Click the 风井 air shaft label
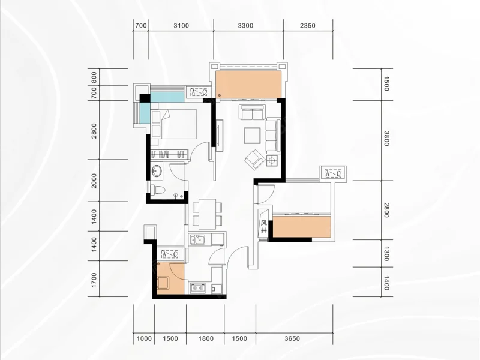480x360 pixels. (x=264, y=227)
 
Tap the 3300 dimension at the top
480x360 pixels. (x=245, y=26)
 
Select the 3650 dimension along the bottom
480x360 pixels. (x=292, y=338)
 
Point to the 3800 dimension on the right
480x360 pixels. (x=386, y=139)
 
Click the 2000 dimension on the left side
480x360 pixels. (x=94, y=181)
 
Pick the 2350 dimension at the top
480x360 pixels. (x=308, y=26)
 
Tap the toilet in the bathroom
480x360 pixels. (x=158, y=190)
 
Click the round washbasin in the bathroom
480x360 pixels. (x=157, y=171)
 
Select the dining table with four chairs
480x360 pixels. (x=207, y=214)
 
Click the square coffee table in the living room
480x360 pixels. (x=252, y=136)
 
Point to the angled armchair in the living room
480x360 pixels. (x=254, y=159)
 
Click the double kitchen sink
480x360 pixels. (x=197, y=239)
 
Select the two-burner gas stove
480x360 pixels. (x=197, y=288)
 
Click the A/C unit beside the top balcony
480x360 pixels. (x=199, y=92)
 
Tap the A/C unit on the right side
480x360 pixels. (x=333, y=174)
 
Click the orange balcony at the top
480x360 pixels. (x=248, y=84)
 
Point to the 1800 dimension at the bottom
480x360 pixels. (x=206, y=338)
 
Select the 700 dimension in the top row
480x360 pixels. (x=141, y=26)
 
